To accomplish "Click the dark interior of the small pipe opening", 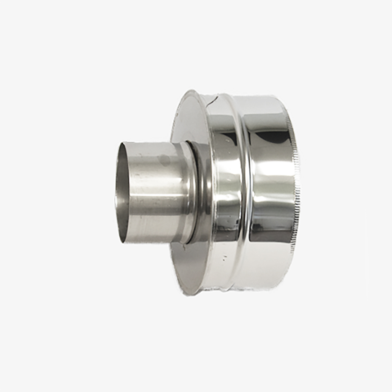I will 123,192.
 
